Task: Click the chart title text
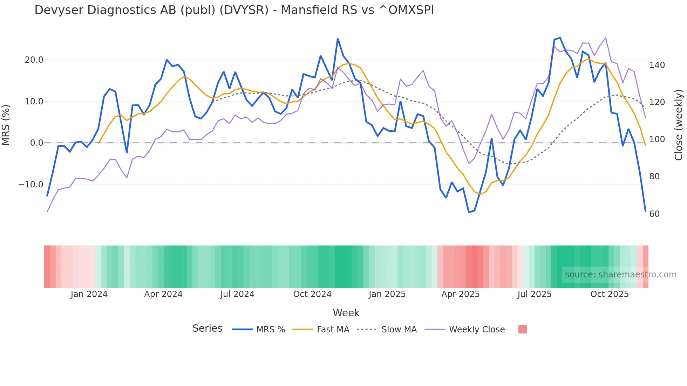234,10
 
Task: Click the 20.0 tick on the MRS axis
34,60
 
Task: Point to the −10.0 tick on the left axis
31,185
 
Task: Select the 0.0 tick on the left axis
36,143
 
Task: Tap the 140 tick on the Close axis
657,65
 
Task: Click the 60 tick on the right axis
654,214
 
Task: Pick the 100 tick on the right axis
657,139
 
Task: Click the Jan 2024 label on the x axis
89,294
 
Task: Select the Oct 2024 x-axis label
312,294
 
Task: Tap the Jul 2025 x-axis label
535,294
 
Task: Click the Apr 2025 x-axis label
460,294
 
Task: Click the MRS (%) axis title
6,125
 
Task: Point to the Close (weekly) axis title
679,125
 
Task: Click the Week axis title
346,313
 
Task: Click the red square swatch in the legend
522,329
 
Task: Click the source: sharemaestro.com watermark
620,275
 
